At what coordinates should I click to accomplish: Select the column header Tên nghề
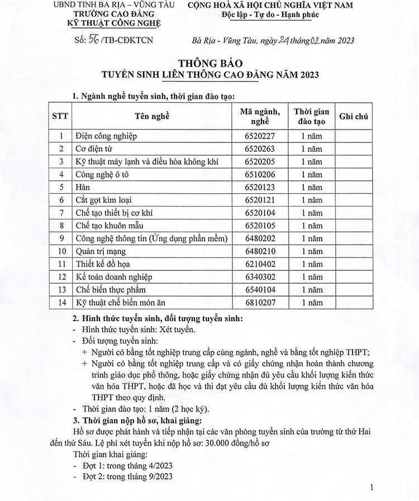151,116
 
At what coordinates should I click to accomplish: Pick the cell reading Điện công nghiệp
106,136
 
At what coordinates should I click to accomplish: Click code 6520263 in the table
260,149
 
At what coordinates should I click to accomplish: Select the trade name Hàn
82,187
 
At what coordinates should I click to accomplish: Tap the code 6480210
260,251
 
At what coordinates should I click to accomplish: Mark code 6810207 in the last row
260,303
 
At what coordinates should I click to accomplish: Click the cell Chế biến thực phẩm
108,290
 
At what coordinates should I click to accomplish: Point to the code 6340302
260,277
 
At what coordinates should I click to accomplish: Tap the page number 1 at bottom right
372,488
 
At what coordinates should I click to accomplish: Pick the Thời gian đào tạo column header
311,116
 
